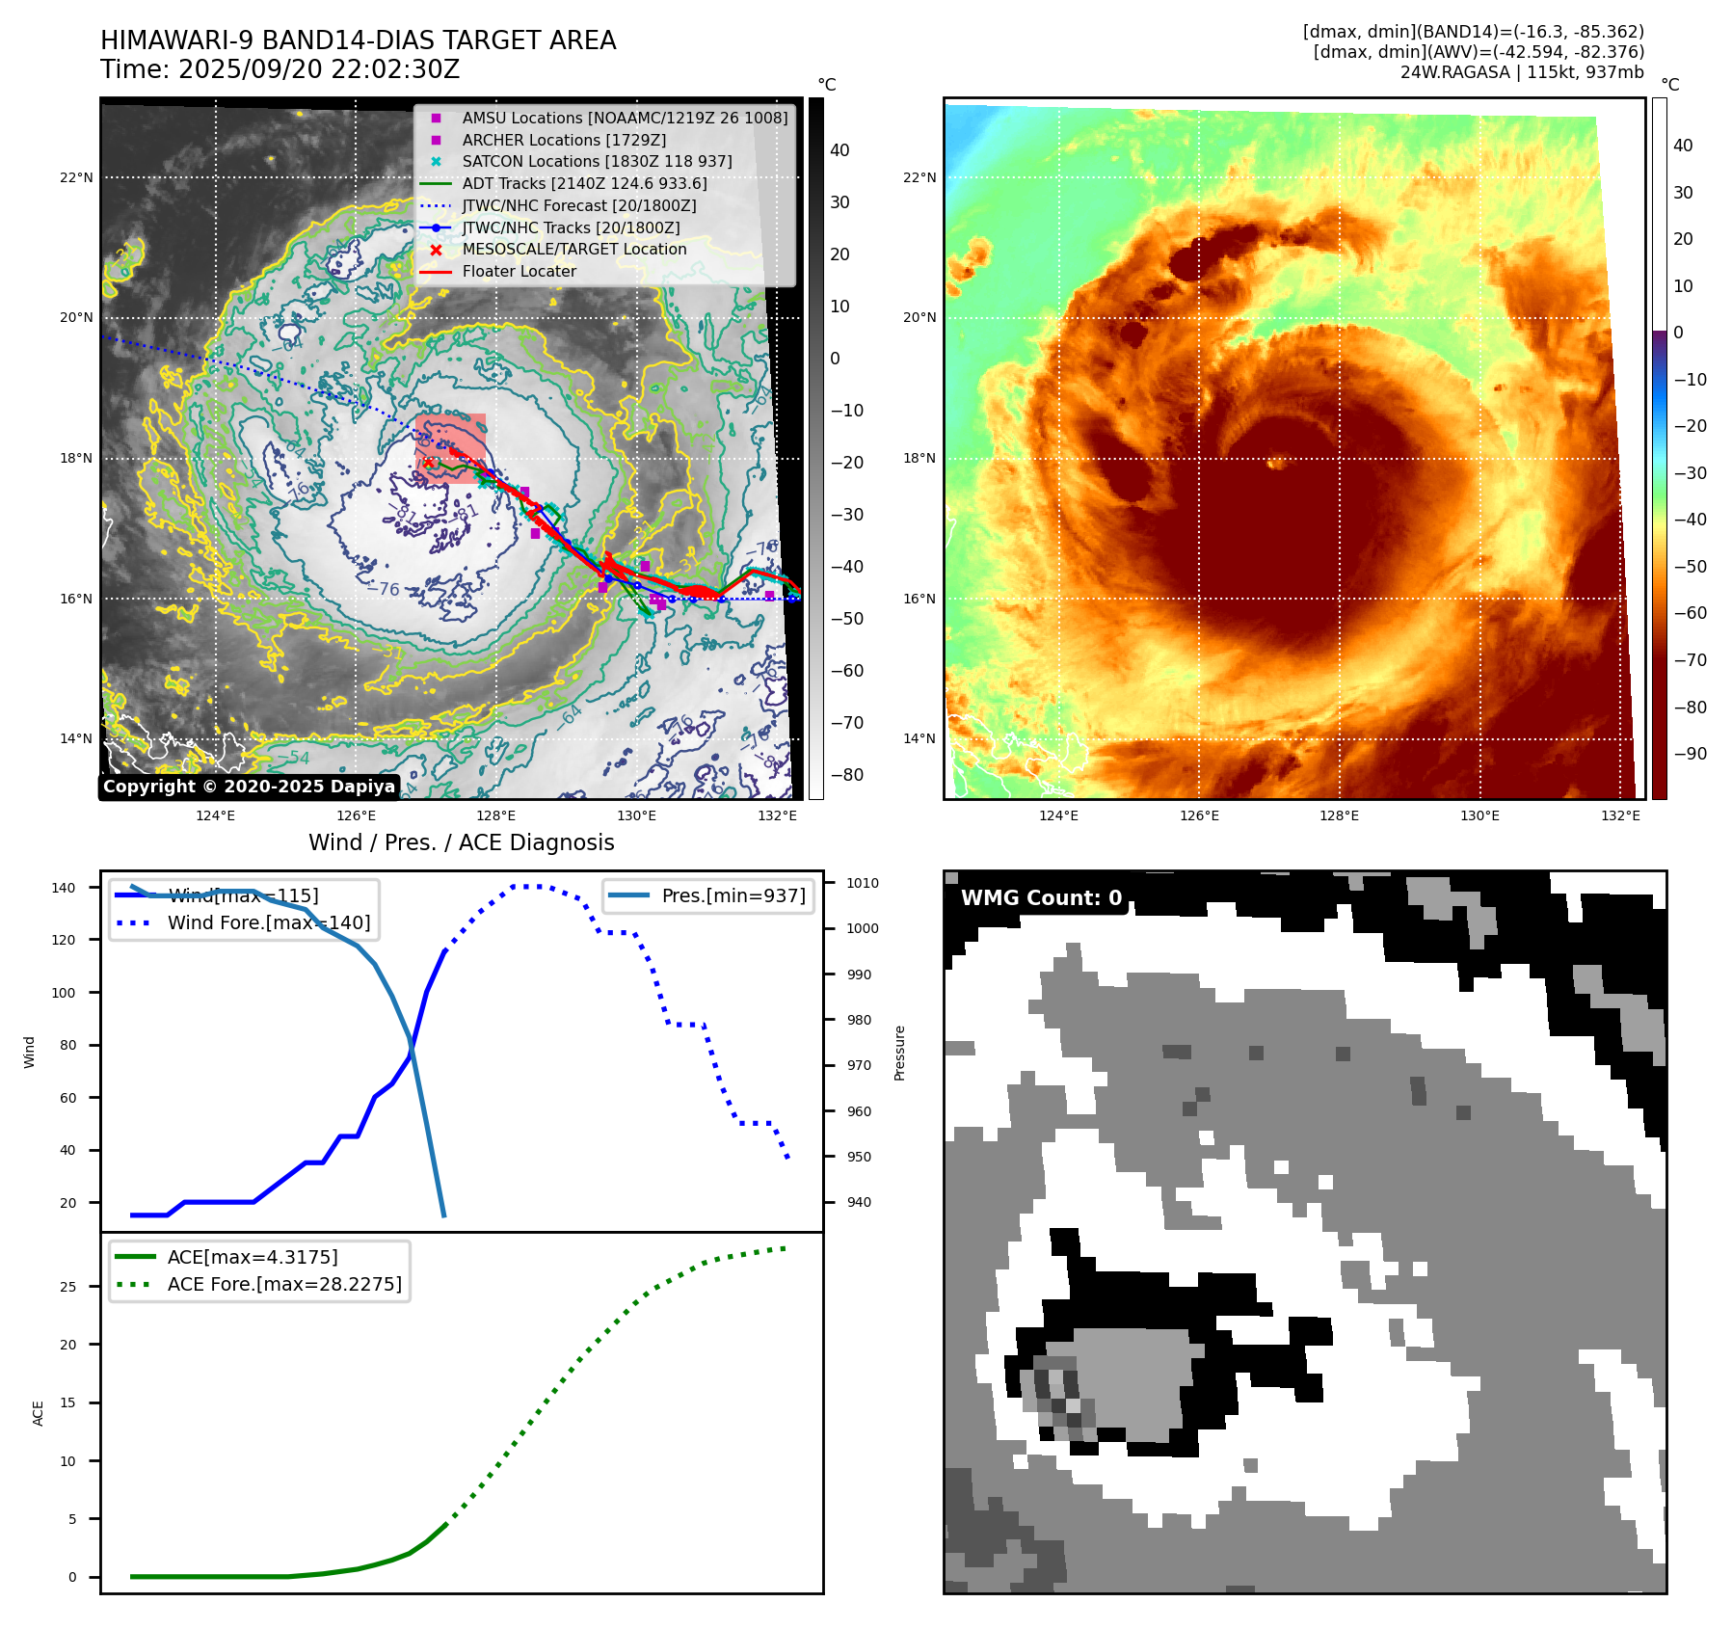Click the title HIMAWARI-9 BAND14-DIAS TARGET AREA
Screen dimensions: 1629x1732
(x=358, y=40)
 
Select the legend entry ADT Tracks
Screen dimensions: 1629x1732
(x=584, y=183)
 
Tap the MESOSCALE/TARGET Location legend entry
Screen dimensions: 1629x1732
(x=574, y=249)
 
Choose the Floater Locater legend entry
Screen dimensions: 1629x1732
(x=519, y=271)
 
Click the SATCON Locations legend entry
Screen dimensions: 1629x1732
(x=597, y=161)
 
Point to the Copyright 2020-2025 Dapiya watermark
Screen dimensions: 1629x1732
(x=249, y=787)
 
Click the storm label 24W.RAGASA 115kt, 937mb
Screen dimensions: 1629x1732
(x=1522, y=72)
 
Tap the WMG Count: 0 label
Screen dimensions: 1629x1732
(x=1041, y=898)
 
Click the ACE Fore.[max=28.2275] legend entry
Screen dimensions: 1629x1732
(x=284, y=1284)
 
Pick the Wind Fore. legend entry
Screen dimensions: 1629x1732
(x=268, y=922)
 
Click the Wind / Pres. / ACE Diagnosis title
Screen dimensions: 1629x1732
(x=461, y=842)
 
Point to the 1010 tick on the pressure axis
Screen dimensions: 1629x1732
(x=863, y=883)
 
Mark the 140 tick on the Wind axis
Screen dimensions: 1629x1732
(x=64, y=888)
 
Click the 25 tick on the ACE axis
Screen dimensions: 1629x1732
(x=67, y=1287)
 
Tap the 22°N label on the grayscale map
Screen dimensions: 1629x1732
(x=77, y=177)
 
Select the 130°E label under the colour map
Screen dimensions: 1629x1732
(x=1479, y=815)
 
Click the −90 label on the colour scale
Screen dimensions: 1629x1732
(x=1690, y=754)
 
